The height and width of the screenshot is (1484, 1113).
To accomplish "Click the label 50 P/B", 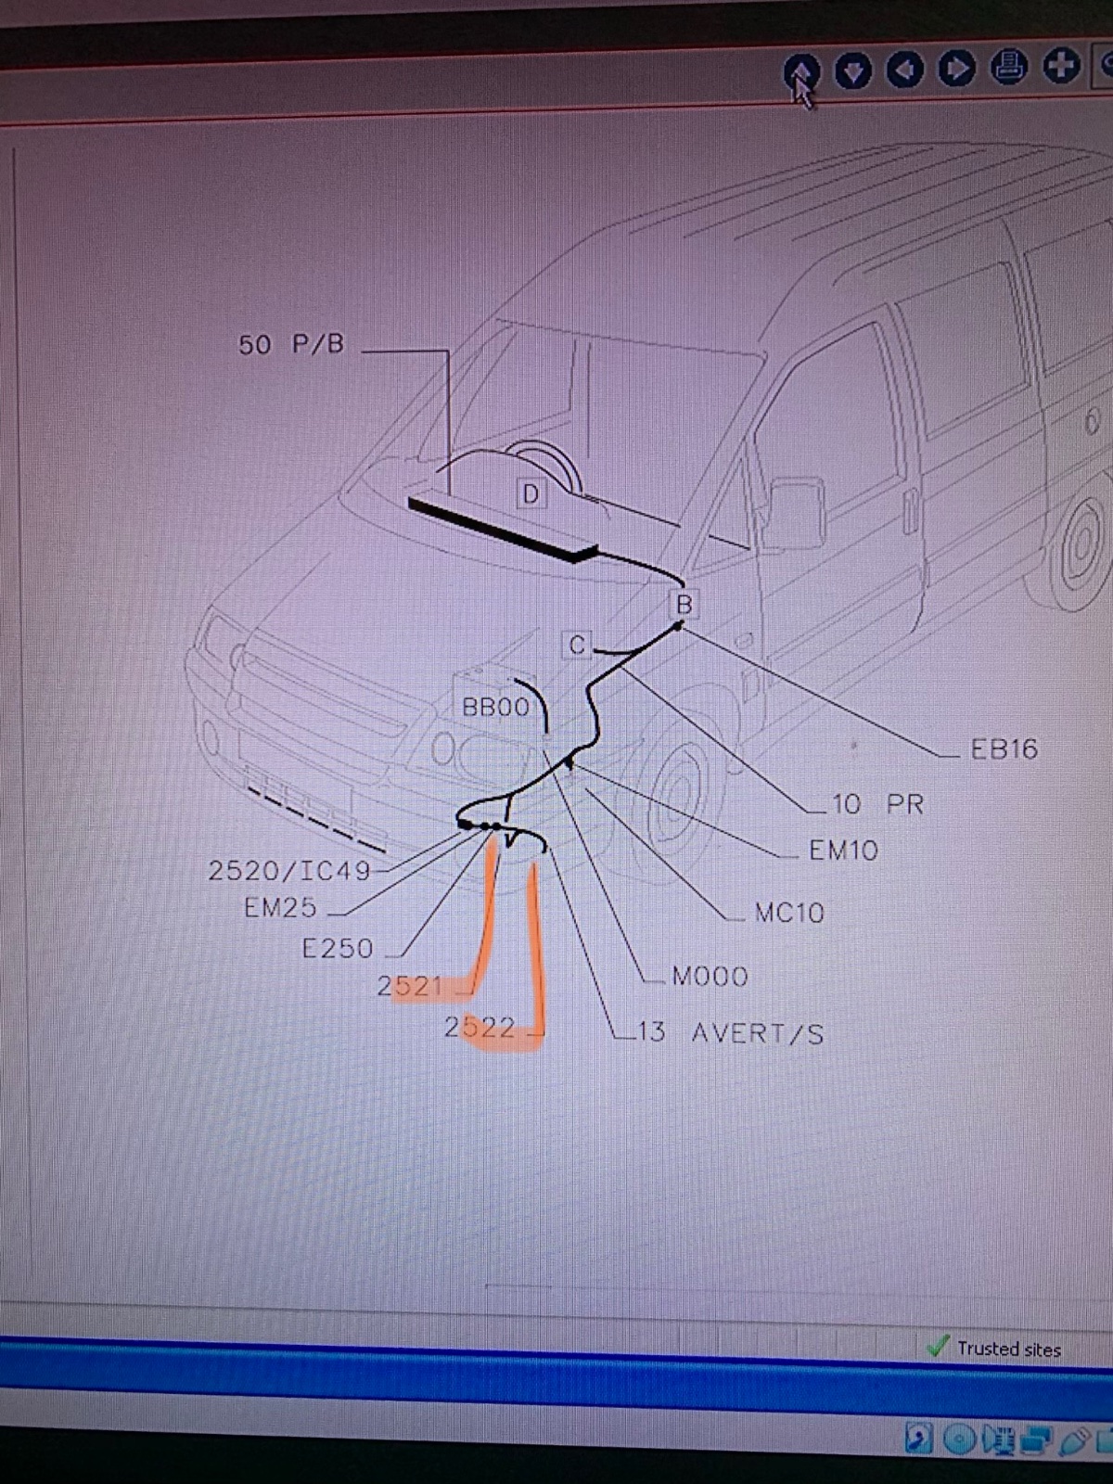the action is [291, 345].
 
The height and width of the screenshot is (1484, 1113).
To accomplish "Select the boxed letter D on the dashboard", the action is [531, 494].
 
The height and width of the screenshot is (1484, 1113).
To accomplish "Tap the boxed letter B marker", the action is [684, 604].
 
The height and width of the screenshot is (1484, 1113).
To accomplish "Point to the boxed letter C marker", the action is [577, 645].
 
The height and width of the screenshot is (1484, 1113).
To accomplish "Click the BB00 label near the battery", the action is [495, 707].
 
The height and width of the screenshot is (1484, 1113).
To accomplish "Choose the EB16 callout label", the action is [1004, 749].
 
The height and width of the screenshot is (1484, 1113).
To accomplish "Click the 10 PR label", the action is [877, 804].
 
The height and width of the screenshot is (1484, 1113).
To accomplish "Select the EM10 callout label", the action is [843, 850].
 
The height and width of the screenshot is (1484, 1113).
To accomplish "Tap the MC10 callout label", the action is [789, 913].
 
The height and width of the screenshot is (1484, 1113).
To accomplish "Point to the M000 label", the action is [710, 977].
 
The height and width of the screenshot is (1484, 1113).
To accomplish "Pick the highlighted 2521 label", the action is [410, 987].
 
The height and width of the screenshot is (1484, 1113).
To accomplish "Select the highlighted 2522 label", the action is [480, 1028].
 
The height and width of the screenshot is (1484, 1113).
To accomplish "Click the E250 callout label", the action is [338, 949].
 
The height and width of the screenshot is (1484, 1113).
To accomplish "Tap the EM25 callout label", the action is [280, 907].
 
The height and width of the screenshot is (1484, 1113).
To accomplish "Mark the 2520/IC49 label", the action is [289, 870].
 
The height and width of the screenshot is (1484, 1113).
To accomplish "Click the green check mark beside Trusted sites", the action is [938, 1346].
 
